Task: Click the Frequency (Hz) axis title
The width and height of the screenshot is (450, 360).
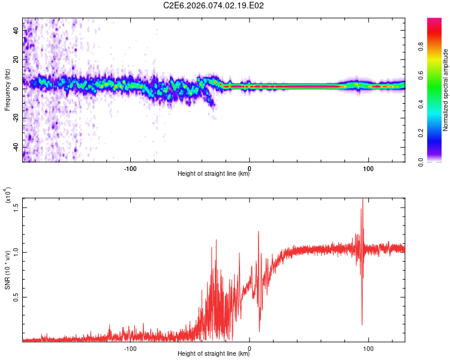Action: click(7, 90)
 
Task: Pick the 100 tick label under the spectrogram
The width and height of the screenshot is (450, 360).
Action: click(368, 167)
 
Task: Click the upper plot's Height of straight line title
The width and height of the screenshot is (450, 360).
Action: click(214, 174)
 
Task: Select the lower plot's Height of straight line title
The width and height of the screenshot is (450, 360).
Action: click(214, 353)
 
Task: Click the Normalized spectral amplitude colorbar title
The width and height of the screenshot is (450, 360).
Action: click(446, 90)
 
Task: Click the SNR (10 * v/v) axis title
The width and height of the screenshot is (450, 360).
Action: click(7, 270)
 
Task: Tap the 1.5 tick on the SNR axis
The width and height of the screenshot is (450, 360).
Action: click(16, 207)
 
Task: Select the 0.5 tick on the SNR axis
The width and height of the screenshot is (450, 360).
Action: click(16, 296)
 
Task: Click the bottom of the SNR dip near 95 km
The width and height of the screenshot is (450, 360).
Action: click(362, 325)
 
